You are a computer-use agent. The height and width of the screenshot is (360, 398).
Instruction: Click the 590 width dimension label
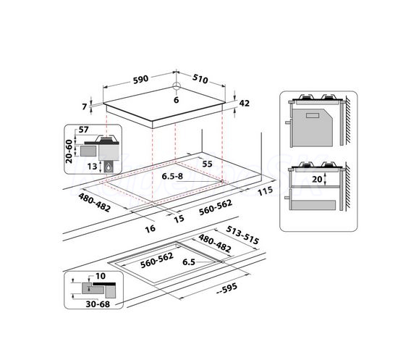(140, 79)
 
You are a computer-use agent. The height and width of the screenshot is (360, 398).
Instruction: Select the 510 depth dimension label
(200, 79)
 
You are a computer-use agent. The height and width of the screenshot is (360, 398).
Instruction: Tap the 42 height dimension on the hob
(245, 103)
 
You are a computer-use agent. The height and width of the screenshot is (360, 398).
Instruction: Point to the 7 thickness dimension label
(85, 106)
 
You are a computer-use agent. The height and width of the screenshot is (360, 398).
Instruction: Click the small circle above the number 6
(177, 86)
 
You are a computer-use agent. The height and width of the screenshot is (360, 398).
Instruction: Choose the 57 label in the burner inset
(83, 130)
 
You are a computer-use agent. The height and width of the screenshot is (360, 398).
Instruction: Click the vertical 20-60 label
(69, 151)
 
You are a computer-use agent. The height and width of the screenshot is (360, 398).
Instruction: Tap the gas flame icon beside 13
(109, 167)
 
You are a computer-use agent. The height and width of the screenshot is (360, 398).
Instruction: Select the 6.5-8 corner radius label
(172, 176)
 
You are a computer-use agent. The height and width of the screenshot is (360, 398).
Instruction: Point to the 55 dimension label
(207, 164)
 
